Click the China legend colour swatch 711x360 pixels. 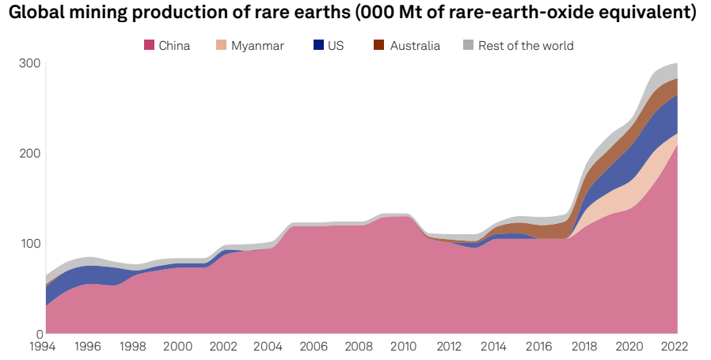[x=149, y=46]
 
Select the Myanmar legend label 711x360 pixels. [x=257, y=46]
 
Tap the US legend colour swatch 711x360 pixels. [x=318, y=46]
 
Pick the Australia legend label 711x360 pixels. [x=415, y=46]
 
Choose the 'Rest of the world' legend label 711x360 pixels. [x=526, y=46]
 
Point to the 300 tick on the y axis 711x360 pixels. [x=29, y=63]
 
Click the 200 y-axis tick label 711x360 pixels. [x=29, y=153]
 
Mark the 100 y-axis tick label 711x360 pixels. [x=29, y=243]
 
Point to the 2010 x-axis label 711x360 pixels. [x=405, y=347]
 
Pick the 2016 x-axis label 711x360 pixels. [x=540, y=347]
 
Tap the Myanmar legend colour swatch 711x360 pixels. [x=221, y=46]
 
